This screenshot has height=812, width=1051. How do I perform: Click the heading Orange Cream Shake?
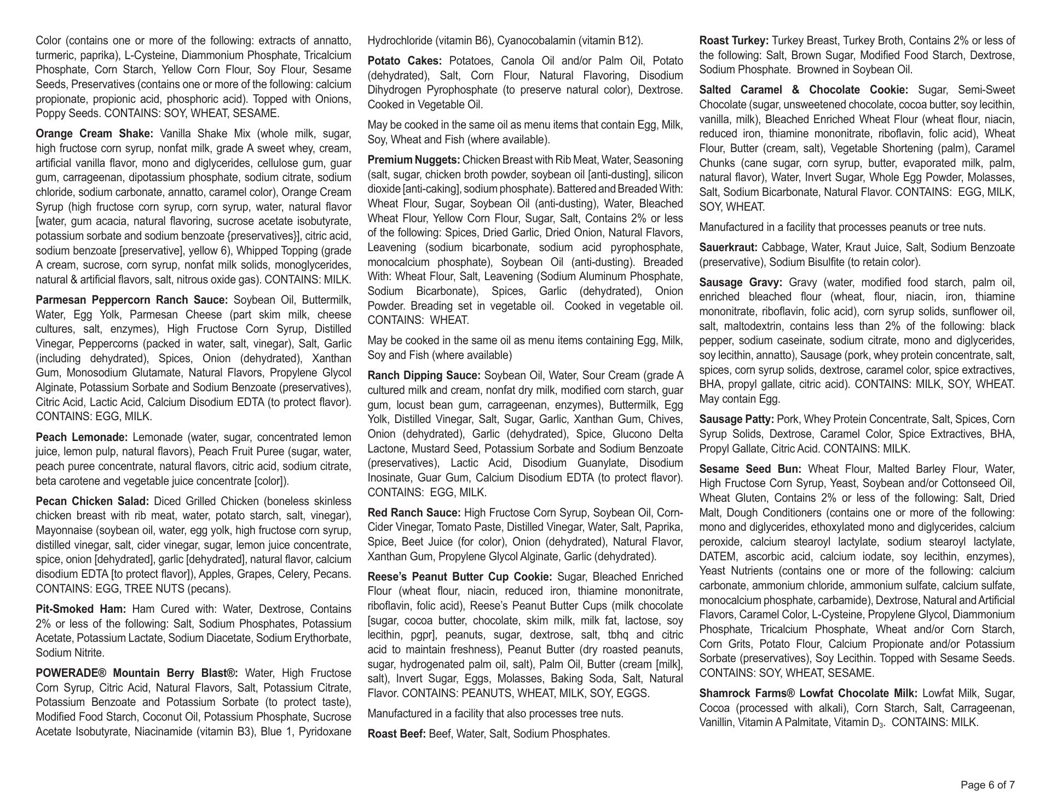click(95, 134)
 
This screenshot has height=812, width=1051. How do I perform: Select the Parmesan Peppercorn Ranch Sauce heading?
click(131, 300)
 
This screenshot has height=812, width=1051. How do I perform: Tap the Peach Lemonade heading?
click(82, 437)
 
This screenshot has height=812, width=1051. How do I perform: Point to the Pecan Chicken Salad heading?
click(92, 501)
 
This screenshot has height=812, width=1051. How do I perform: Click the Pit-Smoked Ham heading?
click(81, 609)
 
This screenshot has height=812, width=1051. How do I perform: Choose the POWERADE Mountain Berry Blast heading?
click(137, 673)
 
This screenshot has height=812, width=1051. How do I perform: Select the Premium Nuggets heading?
click(414, 160)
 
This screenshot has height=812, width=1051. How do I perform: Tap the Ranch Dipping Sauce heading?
click(424, 375)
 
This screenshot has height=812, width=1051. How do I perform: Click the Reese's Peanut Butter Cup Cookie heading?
click(460, 577)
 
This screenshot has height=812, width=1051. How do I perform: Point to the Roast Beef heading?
click(396, 734)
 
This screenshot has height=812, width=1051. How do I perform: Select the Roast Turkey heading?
click(734, 40)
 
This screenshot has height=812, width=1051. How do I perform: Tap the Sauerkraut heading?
click(728, 247)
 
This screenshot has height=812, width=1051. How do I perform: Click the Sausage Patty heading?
click(736, 419)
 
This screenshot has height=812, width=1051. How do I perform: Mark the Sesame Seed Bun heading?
click(750, 469)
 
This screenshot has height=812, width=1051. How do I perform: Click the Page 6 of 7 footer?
click(988, 785)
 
